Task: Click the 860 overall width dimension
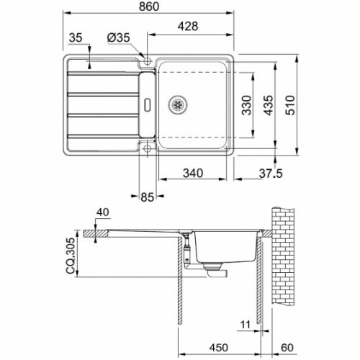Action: coord(149,6)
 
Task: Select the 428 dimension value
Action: coord(188,26)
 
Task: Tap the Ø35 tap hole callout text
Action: coord(119,37)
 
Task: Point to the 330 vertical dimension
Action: coord(246,105)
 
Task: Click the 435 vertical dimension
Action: coord(268,105)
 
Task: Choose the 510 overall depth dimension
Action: coord(290,105)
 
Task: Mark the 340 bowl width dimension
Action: coord(193,173)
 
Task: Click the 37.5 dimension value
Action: coord(271,174)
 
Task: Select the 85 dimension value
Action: coord(147,197)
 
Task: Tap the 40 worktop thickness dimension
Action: coord(103,212)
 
